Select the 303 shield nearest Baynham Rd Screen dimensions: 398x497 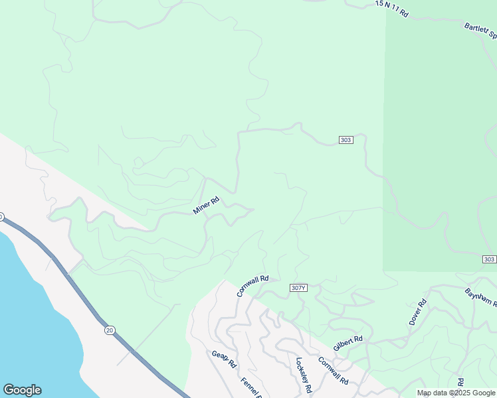(488, 259)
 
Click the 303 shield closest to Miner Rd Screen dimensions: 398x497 (346, 140)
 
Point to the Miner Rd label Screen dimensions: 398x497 (206, 206)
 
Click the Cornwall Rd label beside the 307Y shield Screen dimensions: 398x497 (252, 287)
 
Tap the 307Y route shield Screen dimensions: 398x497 (299, 288)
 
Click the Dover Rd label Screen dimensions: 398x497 (418, 311)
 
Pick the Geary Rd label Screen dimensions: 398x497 (225, 359)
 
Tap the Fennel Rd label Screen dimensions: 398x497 (252, 386)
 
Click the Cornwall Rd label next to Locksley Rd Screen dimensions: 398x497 (334, 371)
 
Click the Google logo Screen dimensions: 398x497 (22, 390)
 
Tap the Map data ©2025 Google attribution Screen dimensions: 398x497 (456, 393)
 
